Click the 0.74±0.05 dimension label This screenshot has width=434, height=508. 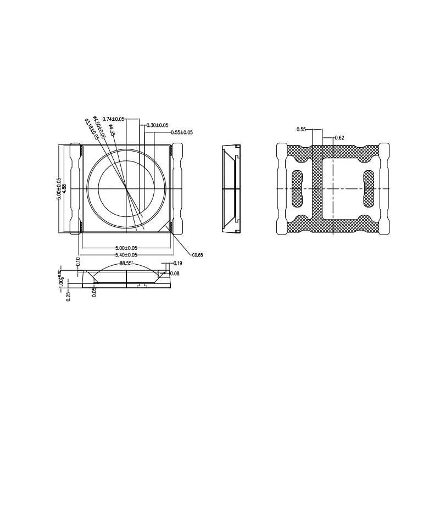[x=114, y=119]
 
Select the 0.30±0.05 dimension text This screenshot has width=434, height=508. [x=157, y=126]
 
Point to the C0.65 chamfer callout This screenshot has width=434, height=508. [x=197, y=255]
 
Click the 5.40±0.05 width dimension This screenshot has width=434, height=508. [x=126, y=255]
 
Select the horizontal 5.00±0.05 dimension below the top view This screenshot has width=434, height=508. [x=126, y=248]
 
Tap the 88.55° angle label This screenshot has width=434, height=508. [x=127, y=264]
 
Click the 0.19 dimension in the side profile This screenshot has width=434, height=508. [x=177, y=264]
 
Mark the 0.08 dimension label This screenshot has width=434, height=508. [x=175, y=273]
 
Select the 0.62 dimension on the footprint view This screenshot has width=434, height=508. [x=339, y=138]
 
